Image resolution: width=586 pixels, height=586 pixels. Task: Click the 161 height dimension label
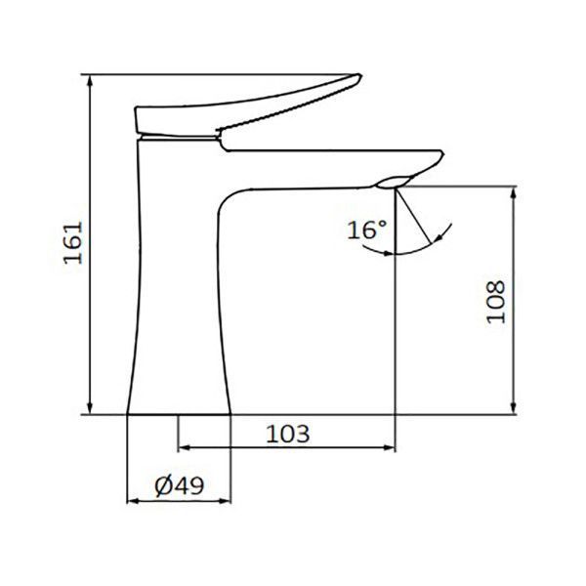pyautogui.click(x=73, y=243)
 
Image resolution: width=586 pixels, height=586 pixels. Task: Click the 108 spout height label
pyautogui.click(x=495, y=302)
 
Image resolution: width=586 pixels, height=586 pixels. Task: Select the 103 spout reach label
pyautogui.click(x=288, y=434)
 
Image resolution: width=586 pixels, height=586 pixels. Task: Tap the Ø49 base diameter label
pyautogui.click(x=180, y=486)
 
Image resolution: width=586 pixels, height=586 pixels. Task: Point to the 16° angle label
pyautogui.click(x=366, y=230)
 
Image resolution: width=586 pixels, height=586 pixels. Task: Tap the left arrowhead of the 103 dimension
pyautogui.click(x=185, y=447)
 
